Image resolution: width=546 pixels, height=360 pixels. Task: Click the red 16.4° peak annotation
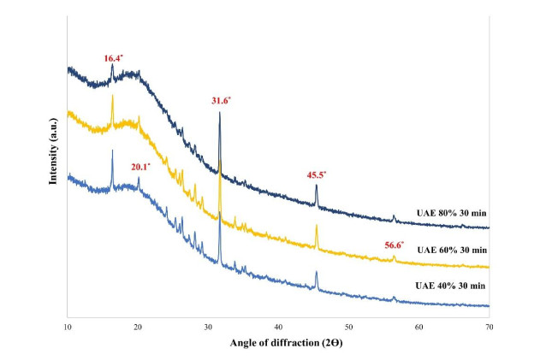(x=113, y=57)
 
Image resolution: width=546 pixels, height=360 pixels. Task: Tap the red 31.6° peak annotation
(x=221, y=100)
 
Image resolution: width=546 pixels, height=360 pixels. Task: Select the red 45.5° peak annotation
(x=317, y=174)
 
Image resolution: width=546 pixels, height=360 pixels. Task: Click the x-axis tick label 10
(x=68, y=327)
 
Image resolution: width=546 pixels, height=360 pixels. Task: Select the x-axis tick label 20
(x=138, y=327)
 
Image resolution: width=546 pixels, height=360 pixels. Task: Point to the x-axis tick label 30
(x=208, y=327)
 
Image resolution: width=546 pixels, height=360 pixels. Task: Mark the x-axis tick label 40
(x=278, y=327)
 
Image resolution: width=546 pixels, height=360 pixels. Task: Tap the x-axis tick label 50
(x=348, y=327)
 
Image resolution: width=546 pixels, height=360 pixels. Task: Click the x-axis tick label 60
(x=418, y=327)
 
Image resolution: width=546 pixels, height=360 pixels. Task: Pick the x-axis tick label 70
(x=489, y=327)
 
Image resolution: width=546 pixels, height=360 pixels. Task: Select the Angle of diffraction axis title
(x=277, y=344)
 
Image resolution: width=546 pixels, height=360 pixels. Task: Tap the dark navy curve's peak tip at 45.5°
(x=317, y=186)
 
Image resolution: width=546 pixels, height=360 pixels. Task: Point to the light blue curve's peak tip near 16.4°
(x=112, y=150)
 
